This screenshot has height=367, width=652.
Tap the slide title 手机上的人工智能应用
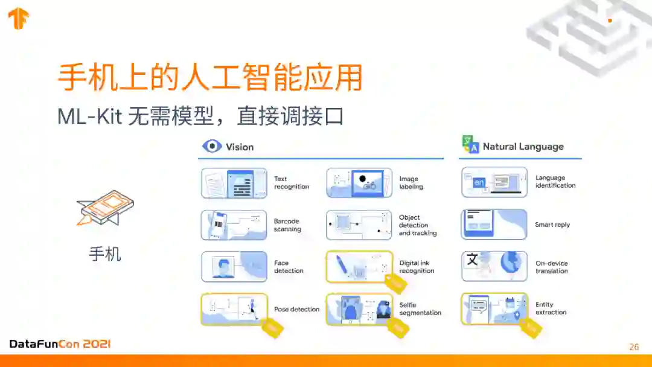click(209, 77)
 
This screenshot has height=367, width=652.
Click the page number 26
click(634, 346)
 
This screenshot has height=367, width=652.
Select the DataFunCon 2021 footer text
click(60, 344)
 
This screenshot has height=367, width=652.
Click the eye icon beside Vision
click(211, 147)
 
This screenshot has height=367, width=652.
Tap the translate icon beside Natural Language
click(470, 145)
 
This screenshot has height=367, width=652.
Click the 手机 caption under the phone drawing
click(105, 254)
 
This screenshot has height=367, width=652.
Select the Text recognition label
click(291, 183)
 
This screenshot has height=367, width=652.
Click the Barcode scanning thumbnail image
click(234, 225)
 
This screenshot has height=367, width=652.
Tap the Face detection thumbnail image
click(234, 267)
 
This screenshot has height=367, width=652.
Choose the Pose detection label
click(296, 309)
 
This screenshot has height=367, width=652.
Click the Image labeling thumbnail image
click(359, 183)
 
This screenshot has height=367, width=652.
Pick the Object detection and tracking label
click(417, 225)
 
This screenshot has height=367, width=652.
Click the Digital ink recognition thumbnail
click(359, 267)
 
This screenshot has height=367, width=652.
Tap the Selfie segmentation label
click(420, 309)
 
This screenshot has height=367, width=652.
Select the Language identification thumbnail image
click(494, 182)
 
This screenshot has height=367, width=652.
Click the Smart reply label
click(552, 225)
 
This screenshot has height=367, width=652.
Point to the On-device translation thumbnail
click(494, 266)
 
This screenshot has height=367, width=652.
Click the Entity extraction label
click(551, 308)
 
